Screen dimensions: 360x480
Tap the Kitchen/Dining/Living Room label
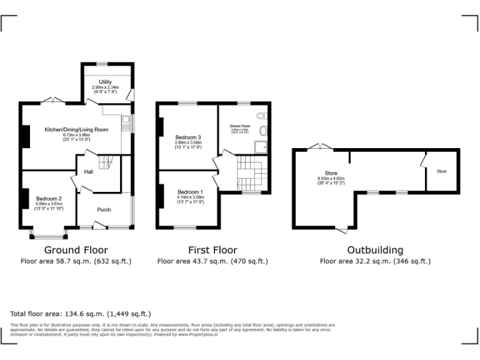tap(76, 129)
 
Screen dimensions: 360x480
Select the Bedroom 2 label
tap(49, 198)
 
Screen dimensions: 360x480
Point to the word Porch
tap(103, 209)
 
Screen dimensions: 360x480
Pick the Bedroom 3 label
tap(188, 137)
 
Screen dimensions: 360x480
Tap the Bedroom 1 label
tap(190, 192)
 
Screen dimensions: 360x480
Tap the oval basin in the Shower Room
tap(264, 131)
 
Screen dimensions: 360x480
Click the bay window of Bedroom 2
tap(49, 236)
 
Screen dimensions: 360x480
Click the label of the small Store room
tap(441, 171)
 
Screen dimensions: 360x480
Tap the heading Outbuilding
tap(375, 250)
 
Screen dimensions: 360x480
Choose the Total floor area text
tap(81, 313)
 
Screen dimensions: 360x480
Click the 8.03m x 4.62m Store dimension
tap(331, 179)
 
